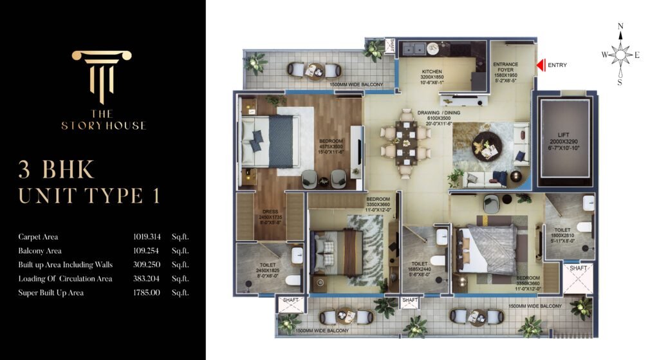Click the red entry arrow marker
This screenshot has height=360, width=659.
click(x=541, y=64)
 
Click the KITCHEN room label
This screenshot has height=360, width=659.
click(x=432, y=71)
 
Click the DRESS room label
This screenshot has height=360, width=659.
click(x=270, y=210)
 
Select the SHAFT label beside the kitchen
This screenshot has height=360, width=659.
click(x=393, y=46)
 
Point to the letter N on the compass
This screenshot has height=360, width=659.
click(x=620, y=27)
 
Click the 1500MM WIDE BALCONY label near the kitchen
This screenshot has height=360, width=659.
click(x=356, y=84)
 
